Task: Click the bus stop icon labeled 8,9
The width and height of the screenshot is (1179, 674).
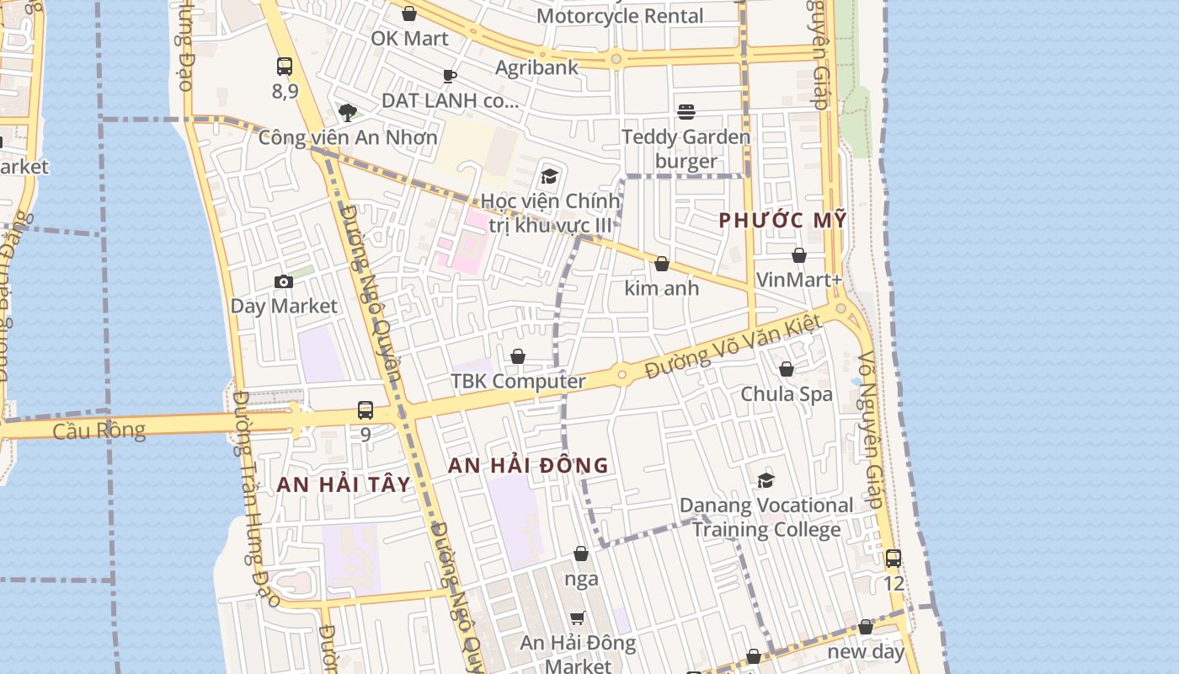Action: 285,67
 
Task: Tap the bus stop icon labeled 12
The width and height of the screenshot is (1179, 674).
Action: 894,559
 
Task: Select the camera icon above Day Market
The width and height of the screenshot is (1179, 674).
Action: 284,282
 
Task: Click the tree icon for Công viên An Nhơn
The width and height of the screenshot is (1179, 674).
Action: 347,112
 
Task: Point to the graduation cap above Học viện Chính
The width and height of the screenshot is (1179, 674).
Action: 550,176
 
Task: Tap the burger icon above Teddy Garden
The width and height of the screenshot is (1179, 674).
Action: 686,112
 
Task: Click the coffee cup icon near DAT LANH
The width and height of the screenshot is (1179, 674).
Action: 450,77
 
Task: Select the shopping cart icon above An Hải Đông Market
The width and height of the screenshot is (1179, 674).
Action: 578,618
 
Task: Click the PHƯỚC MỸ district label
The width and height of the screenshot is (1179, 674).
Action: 782,221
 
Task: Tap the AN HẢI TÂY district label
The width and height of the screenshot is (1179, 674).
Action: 344,484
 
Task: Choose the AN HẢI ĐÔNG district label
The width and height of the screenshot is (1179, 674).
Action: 528,465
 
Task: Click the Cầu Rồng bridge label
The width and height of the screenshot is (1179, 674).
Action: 99,431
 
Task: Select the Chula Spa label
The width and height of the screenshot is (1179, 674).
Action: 787,393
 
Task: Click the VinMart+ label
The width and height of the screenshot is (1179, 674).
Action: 799,279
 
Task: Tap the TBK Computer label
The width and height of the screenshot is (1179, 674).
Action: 518,381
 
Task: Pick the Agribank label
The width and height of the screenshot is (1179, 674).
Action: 536,67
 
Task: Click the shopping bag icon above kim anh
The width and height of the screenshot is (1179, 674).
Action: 662,265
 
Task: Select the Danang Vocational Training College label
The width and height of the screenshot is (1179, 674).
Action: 766,517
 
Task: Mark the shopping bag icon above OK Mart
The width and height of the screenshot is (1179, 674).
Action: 409,14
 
